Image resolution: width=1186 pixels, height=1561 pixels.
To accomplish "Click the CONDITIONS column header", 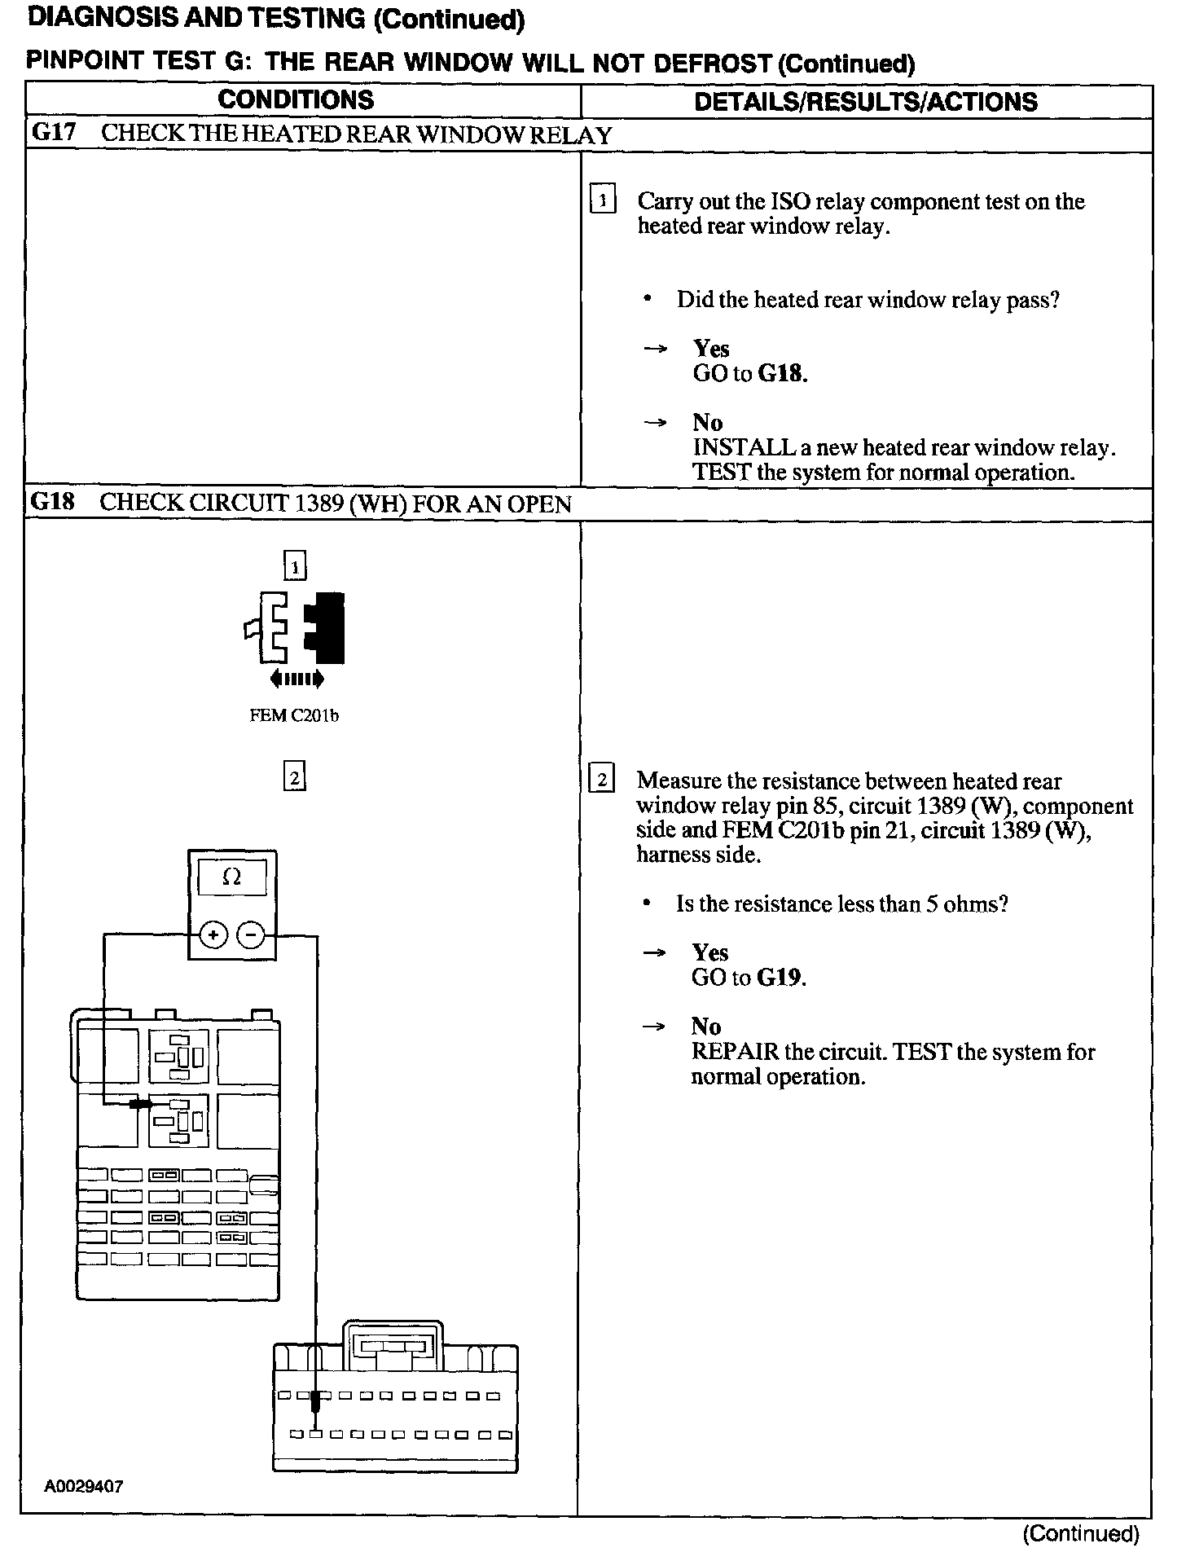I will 296,100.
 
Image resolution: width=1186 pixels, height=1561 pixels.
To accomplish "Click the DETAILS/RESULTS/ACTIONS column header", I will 866,102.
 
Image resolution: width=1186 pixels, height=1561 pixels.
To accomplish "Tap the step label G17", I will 53,134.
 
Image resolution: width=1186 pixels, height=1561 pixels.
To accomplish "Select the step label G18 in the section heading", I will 52,502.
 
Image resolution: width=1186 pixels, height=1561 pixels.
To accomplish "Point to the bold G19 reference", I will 780,977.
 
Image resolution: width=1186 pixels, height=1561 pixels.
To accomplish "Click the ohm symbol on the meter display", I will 232,877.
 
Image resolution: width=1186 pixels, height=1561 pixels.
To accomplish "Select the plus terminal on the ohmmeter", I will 213,935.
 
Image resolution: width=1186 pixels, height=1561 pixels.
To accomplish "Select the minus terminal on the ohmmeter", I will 251,935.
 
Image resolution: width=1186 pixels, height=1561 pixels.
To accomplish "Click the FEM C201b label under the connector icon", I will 294,716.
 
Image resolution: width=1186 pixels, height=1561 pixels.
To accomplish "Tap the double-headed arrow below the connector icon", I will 296,678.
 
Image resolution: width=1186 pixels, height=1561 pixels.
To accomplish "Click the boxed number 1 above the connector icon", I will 294,565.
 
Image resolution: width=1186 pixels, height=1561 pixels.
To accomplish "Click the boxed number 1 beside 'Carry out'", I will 602,200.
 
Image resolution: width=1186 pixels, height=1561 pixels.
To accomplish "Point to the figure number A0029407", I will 84,1486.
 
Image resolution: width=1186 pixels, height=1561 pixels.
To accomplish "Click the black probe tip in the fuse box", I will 141,1103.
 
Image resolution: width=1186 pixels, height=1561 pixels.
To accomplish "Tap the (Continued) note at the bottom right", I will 1080,1534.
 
